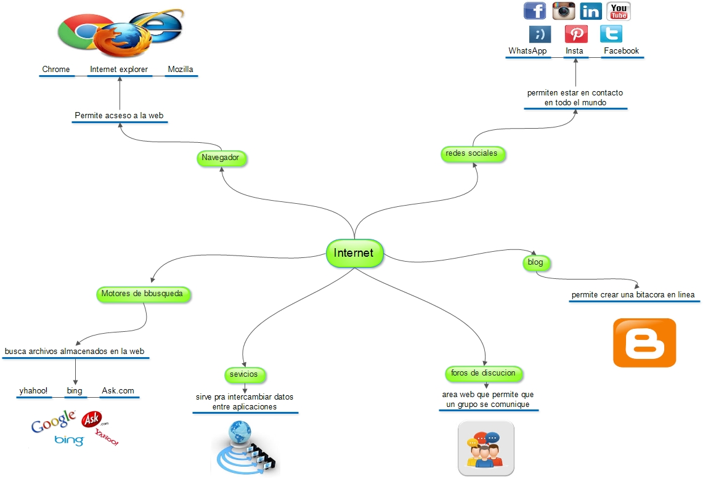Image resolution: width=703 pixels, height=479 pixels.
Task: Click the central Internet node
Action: click(354, 253)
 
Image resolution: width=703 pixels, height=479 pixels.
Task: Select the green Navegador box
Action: click(220, 158)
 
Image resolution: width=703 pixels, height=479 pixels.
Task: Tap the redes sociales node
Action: click(473, 153)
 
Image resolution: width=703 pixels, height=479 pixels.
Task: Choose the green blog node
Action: click(535, 263)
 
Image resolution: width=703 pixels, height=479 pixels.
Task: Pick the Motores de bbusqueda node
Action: click(142, 294)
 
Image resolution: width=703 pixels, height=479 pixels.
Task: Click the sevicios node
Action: click(244, 374)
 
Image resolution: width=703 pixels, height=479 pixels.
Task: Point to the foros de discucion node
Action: click(483, 373)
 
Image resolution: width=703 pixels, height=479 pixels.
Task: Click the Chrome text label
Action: click(56, 70)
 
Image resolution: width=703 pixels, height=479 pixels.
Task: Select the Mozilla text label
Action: click(181, 70)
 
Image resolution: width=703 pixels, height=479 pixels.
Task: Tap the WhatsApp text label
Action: click(527, 51)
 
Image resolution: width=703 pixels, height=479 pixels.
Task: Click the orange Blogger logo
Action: click(644, 342)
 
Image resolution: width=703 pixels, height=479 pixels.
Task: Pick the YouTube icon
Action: click(619, 11)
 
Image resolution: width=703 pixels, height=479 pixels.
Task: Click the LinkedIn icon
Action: click(591, 11)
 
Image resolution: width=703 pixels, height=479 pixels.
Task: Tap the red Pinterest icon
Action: click(576, 33)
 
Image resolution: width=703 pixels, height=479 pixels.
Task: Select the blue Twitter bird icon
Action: click(611, 33)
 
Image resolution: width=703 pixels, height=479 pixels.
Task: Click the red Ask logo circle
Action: click(91, 420)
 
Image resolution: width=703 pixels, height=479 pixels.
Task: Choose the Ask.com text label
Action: click(118, 391)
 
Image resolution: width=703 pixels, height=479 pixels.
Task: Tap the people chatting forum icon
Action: click(486, 448)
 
